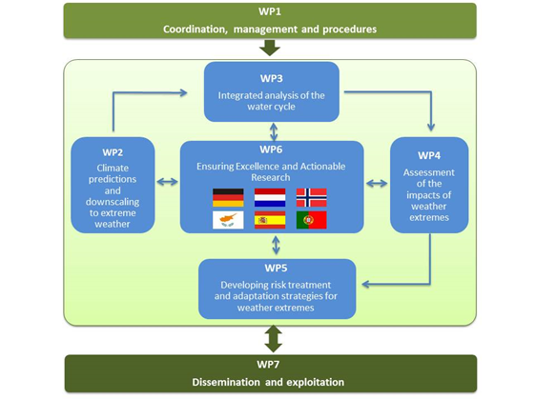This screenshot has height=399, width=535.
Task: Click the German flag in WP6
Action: click(x=228, y=198)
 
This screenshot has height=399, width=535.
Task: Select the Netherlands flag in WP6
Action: click(x=270, y=198)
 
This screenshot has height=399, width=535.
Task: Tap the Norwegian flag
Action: click(x=312, y=198)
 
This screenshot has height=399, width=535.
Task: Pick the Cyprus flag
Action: click(x=228, y=220)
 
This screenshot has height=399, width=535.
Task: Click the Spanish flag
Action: click(x=270, y=220)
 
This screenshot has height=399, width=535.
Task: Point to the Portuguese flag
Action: click(x=312, y=220)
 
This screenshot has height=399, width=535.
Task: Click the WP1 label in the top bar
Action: click(x=270, y=11)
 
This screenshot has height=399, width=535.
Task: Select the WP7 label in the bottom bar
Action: click(x=268, y=365)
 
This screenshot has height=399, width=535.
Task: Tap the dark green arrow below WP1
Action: click(x=270, y=48)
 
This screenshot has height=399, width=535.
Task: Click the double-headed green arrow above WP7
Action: click(x=274, y=339)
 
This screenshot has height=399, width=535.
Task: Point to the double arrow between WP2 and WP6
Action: click(x=167, y=182)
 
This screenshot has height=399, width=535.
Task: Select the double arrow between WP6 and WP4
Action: click(x=377, y=184)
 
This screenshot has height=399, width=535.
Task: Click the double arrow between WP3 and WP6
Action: click(x=274, y=131)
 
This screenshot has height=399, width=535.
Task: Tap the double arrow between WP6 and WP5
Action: click(x=276, y=246)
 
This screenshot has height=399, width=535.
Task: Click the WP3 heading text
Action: click(x=272, y=78)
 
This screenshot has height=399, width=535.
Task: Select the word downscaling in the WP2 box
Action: click(x=113, y=202)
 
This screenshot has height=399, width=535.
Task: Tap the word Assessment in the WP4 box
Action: click(x=429, y=172)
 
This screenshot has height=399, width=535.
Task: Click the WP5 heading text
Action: click(x=276, y=268)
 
